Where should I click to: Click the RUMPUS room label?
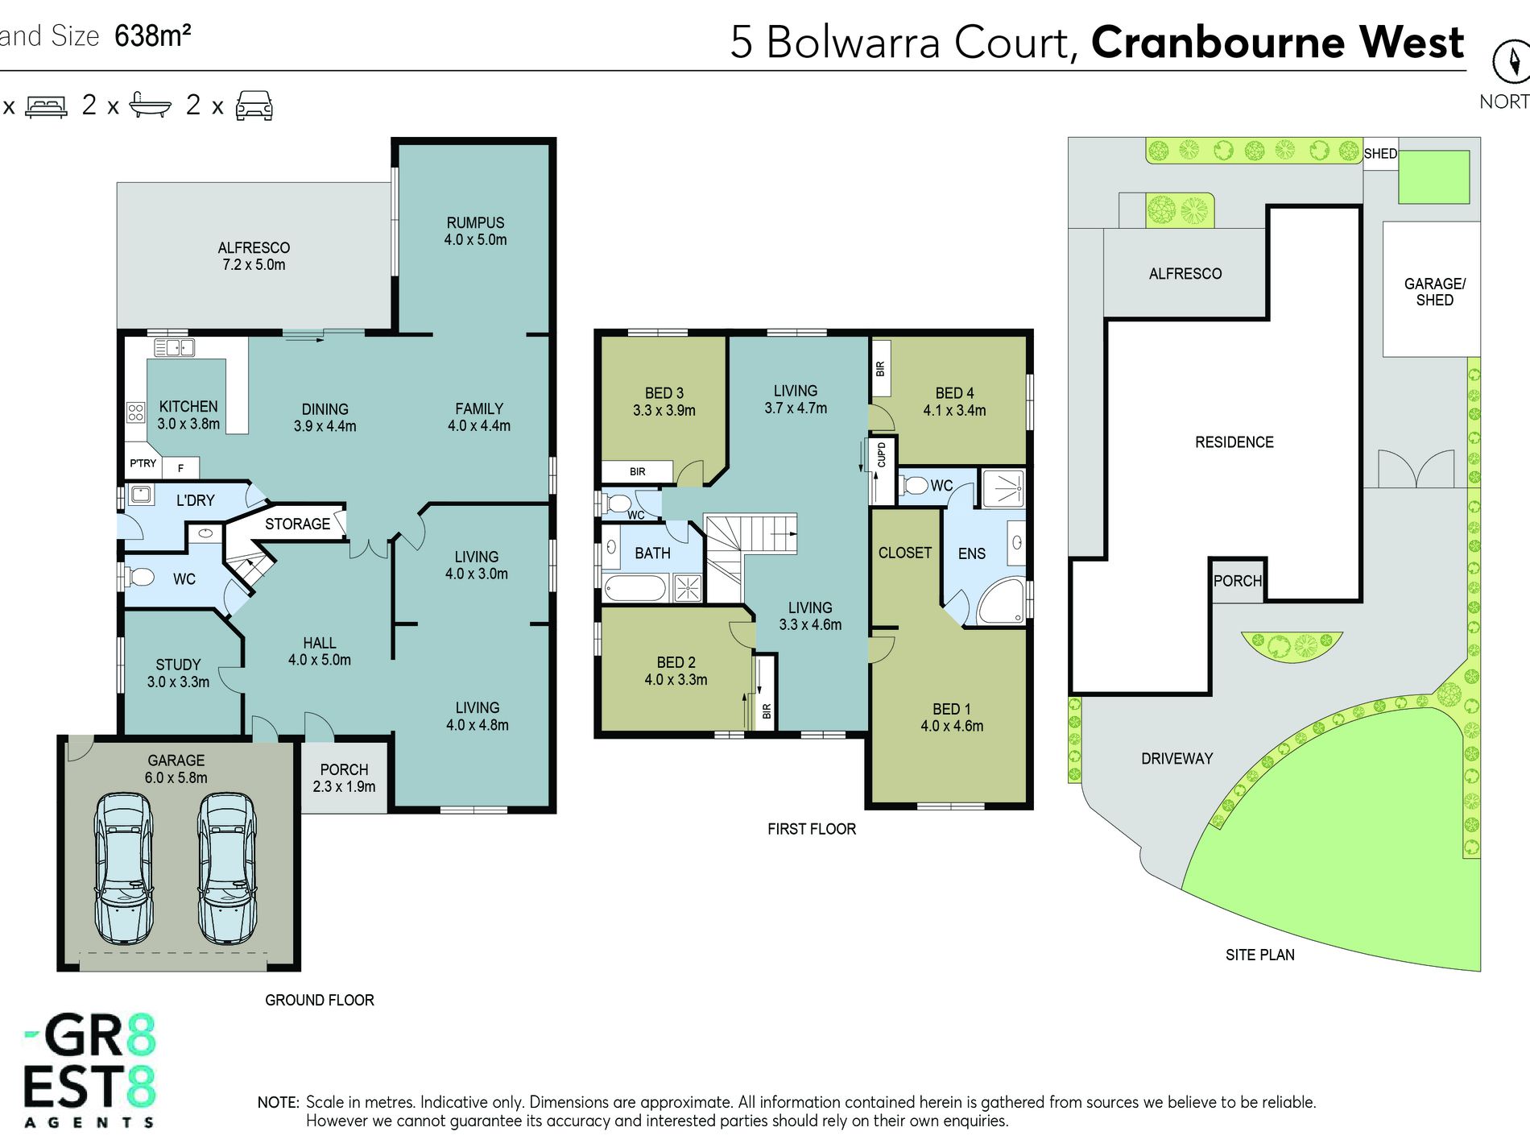(x=475, y=223)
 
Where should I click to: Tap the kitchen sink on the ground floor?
(x=175, y=348)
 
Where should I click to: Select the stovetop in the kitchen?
(x=135, y=412)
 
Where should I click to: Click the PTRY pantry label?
(x=143, y=463)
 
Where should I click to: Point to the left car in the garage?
(x=123, y=868)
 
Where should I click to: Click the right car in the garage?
(x=227, y=868)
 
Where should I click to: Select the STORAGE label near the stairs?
(x=297, y=524)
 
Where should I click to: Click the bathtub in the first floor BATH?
(x=635, y=588)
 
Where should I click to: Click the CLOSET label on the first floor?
(x=905, y=553)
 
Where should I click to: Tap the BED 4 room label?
(x=954, y=393)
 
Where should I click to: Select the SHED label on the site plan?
(x=1380, y=154)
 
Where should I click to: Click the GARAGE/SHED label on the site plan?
(x=1435, y=292)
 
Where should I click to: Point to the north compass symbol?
(x=1511, y=61)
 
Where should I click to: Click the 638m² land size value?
(x=153, y=36)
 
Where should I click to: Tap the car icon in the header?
(x=254, y=106)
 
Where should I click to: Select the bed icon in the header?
(x=47, y=106)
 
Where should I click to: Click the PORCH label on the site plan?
(x=1238, y=581)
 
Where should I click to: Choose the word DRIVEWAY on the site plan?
(x=1176, y=759)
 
